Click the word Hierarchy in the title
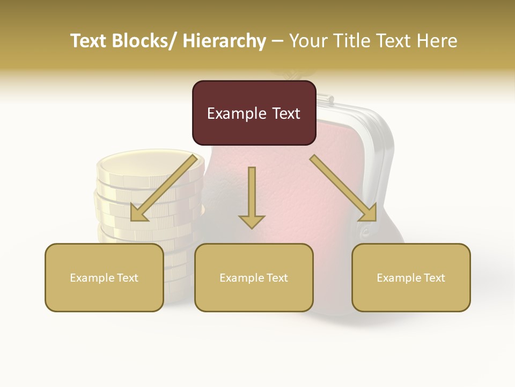(224, 41)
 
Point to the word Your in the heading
(308, 41)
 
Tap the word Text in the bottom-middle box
(276, 278)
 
